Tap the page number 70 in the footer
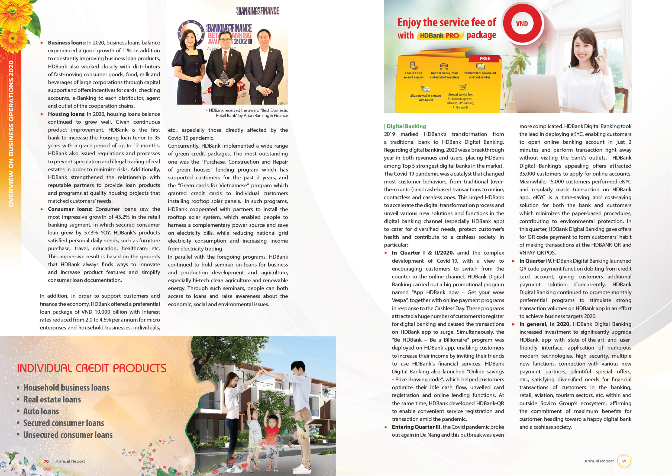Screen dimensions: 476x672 (46, 461)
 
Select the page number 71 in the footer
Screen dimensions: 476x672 (624, 461)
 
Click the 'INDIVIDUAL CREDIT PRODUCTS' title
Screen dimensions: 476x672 (92, 369)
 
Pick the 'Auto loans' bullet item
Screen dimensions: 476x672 (41, 411)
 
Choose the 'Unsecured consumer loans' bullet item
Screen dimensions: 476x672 (68, 435)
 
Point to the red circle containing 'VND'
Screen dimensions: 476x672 (522, 24)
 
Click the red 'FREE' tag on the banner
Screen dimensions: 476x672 (485, 59)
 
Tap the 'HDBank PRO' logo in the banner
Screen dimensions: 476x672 (439, 36)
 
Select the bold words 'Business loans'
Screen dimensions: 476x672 (66, 43)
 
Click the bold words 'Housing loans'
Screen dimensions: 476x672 (66, 114)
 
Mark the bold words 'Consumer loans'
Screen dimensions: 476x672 (70, 209)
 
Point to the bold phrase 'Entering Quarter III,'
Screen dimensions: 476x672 (417, 427)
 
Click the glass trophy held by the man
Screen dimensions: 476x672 (224, 78)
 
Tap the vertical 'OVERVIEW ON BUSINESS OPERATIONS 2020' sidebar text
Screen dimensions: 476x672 (11, 133)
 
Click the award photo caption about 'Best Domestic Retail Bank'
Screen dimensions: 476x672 (248, 113)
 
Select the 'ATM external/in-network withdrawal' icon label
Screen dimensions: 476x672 (426, 98)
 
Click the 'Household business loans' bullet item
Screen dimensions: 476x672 (66, 388)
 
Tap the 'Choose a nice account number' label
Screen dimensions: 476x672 (413, 75)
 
